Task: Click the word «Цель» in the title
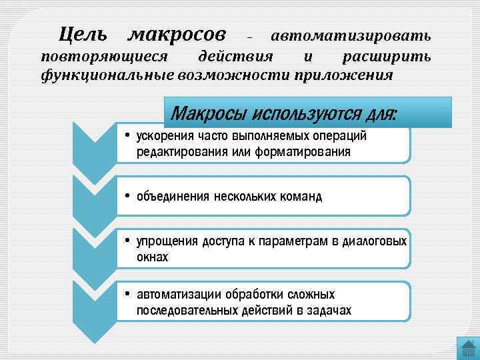tap(84, 32)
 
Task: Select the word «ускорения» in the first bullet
tap(164, 137)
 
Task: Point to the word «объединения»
tap(173, 197)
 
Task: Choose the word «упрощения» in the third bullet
tap(167, 241)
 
